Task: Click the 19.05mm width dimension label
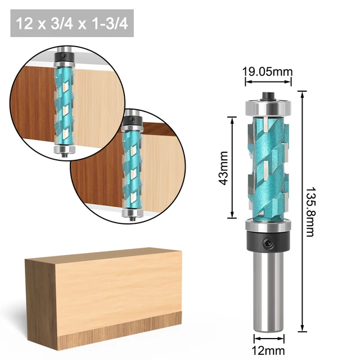tap(268, 72)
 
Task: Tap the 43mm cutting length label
tap(223, 167)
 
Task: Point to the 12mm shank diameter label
tap(268, 350)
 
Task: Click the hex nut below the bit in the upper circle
tap(63, 148)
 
